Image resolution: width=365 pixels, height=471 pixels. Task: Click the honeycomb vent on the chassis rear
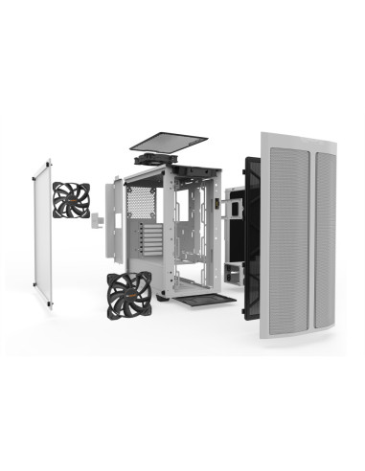point(141,201)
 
